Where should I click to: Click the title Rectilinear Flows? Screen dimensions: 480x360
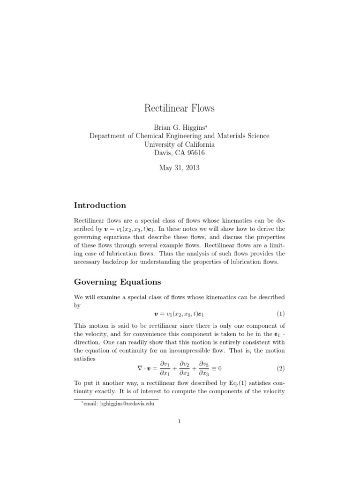tap(180, 108)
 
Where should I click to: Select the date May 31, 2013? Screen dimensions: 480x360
tap(180, 168)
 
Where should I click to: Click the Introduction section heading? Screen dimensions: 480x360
tap(100, 205)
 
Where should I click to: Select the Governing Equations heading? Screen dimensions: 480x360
tap(118, 282)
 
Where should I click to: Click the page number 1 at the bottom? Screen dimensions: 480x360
tap(180, 421)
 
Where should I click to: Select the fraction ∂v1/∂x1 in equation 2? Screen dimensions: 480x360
tap(164, 368)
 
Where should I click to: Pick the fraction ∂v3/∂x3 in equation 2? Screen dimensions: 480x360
tap(204, 368)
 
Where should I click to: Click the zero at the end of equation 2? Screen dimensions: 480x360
tap(220, 368)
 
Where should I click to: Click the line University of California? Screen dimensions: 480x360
tap(180, 144)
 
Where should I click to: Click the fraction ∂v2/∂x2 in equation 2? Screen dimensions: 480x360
tap(184, 368)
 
